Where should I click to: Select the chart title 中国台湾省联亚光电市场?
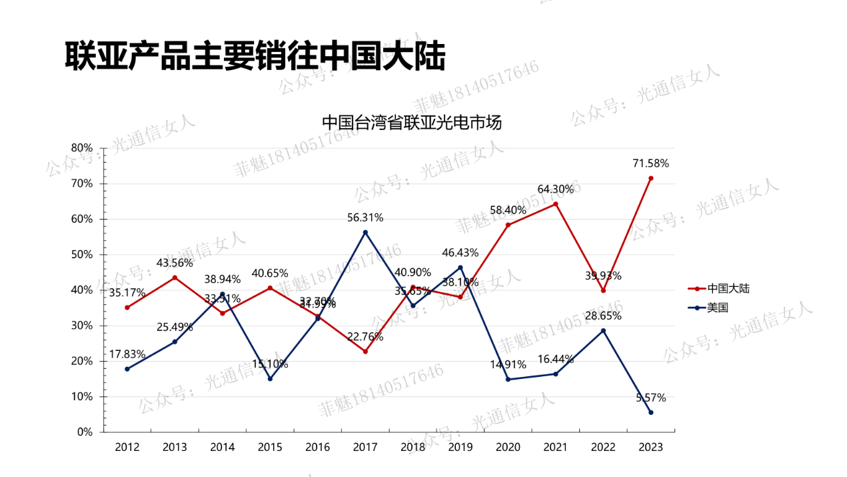(411, 123)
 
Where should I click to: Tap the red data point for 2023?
(650, 178)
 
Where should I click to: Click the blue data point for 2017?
(365, 232)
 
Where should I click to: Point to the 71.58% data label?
(650, 163)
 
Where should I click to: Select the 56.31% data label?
(365, 217)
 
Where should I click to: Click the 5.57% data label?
(650, 398)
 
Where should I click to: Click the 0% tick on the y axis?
(85, 432)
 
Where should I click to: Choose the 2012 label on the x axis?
(127, 447)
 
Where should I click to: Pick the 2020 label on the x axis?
(508, 447)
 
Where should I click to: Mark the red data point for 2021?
(555, 204)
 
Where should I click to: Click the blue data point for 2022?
(603, 330)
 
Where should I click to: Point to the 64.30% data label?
(555, 189)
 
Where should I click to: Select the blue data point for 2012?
(127, 369)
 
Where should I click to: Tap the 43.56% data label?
(175, 263)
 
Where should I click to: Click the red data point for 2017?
(365, 352)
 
